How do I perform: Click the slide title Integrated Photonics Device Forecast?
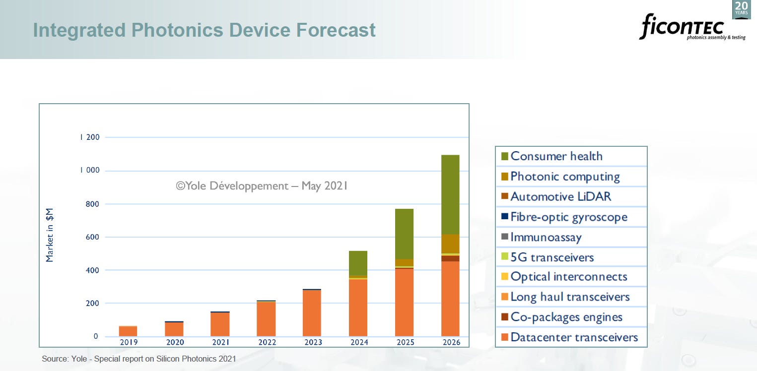coord(204,30)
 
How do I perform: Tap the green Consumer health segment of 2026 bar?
coord(450,194)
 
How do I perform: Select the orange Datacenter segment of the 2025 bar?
coord(404,302)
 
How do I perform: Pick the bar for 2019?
coord(128,331)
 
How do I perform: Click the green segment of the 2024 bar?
coord(358,263)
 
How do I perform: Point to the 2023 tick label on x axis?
coord(313,342)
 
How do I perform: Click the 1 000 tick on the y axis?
coord(89,170)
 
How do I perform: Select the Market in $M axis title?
coord(50,236)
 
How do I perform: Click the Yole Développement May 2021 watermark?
coord(262,186)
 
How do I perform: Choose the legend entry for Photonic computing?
coord(565,177)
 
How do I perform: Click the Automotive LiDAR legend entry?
coord(560,196)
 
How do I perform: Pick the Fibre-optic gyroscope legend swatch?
coord(504,217)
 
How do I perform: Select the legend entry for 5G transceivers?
coord(551,257)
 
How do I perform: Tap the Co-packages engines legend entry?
coord(566,317)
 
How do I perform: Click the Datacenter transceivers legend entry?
coord(574,337)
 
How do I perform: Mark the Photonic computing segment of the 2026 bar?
coord(450,244)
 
